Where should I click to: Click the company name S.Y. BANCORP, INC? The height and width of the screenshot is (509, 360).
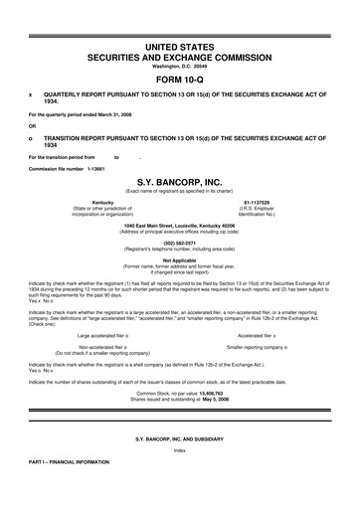coord(179,182)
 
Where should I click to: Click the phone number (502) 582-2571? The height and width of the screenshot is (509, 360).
coord(179,242)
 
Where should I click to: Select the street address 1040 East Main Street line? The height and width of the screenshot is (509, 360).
coord(179,225)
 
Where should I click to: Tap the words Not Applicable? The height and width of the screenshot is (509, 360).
coord(179,259)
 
